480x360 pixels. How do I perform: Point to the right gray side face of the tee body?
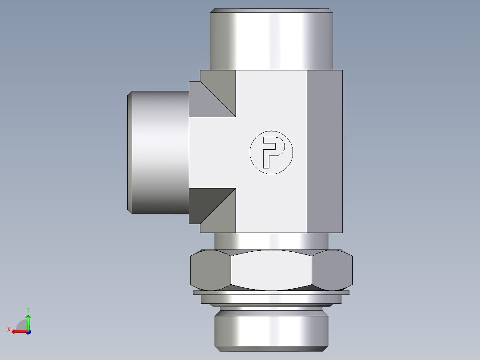[325, 151]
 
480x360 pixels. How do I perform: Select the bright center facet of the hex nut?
[271, 270]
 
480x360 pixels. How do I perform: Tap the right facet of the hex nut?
[332, 270]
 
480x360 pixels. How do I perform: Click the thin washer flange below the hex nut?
[271, 293]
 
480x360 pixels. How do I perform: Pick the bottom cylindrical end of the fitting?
[271, 330]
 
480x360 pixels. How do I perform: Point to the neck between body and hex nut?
[271, 241]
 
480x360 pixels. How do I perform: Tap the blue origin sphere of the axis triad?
[28, 331]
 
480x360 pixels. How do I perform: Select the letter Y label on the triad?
[28, 309]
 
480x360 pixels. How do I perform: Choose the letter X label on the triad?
[8, 329]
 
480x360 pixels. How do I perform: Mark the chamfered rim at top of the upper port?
[271, 10]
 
